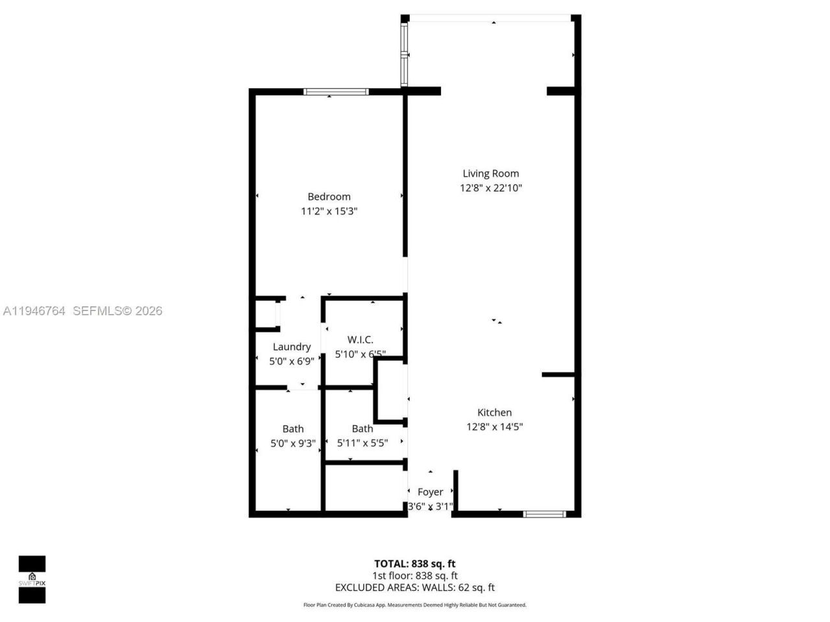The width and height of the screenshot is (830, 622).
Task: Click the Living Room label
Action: [490, 173]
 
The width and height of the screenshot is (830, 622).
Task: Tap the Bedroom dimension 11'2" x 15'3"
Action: [329, 211]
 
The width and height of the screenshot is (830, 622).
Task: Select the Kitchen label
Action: [494, 412]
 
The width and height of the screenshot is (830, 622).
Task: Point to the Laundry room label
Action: [291, 347]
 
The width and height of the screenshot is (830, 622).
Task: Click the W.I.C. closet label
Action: [360, 340]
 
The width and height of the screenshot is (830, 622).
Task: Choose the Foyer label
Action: [430, 492]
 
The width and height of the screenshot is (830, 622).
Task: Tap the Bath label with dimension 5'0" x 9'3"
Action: [292, 428]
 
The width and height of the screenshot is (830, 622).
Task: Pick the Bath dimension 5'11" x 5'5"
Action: [362, 444]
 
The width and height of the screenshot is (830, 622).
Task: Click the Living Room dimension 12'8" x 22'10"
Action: [490, 188]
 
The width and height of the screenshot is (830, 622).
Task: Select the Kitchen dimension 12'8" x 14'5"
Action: [494, 427]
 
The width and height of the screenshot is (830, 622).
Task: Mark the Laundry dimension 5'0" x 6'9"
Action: [291, 362]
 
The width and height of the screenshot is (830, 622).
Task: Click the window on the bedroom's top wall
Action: [336, 91]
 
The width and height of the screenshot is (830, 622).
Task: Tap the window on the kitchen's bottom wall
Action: [544, 514]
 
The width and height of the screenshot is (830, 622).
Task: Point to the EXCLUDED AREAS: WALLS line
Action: [414, 588]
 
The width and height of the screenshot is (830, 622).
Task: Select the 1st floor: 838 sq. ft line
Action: [414, 575]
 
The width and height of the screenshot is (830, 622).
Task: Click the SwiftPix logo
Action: [32, 579]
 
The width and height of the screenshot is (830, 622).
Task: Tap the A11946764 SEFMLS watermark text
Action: [82, 311]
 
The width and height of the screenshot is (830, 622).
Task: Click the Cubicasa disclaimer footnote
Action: [414, 605]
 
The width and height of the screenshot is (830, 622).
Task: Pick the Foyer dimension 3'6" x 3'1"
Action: [430, 506]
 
